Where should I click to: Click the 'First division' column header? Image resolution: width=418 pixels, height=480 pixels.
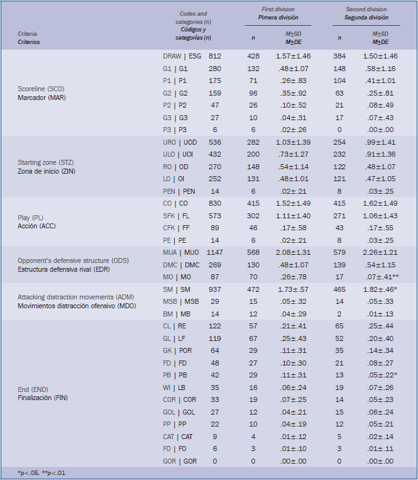(x=279, y=9)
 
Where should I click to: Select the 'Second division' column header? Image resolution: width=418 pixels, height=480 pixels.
(x=366, y=9)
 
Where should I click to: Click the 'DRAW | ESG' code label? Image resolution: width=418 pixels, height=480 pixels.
(x=182, y=56)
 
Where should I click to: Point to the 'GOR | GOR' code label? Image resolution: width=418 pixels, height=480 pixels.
(x=179, y=460)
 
